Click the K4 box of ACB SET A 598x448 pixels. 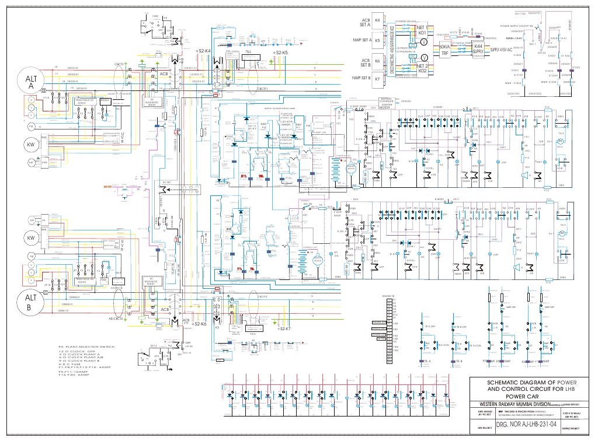[x=377, y=20]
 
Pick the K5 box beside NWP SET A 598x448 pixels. [x=377, y=41]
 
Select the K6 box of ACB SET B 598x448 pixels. [x=377, y=61]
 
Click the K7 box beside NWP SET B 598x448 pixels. [x=377, y=78]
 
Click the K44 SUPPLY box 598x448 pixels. [x=478, y=48]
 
